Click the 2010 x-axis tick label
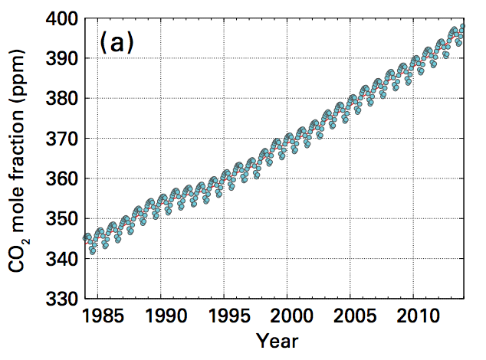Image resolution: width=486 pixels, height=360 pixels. point(413,317)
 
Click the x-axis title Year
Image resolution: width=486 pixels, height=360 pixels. point(277,340)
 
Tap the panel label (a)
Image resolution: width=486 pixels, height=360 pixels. point(117,44)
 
